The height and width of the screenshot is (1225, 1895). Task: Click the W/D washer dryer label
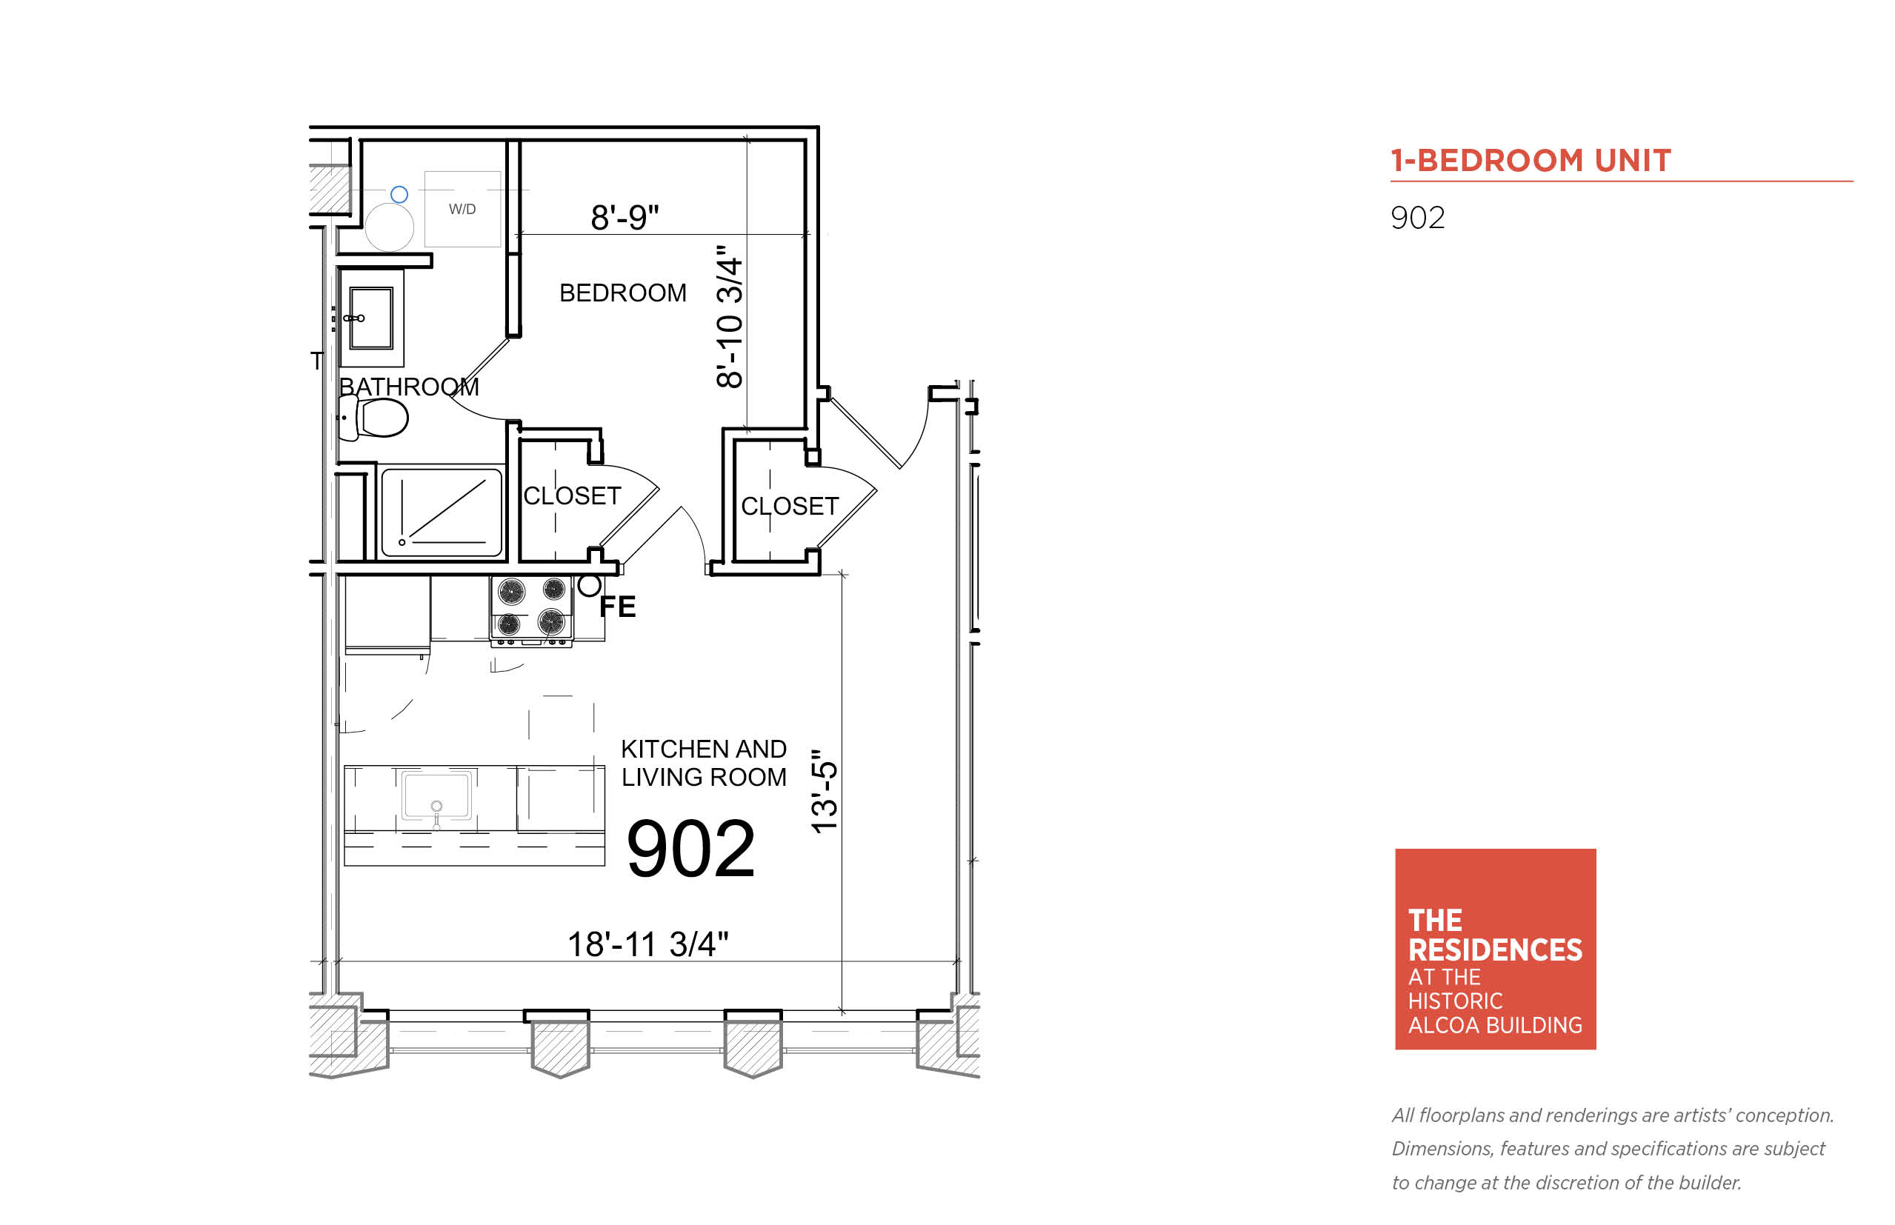462,209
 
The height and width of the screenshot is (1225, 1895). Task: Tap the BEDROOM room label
622,293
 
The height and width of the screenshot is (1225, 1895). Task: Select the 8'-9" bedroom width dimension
625,217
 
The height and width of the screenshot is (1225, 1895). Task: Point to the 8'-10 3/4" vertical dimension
729,316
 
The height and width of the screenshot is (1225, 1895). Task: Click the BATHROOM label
408,387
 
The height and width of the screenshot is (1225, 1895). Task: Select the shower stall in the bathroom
442,513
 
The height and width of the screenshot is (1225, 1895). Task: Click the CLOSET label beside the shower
571,495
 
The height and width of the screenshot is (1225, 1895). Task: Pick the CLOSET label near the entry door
789,506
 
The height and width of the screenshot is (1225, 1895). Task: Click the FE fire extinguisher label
617,607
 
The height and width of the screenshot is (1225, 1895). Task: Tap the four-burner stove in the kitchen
531,610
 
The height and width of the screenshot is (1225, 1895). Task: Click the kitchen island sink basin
436,794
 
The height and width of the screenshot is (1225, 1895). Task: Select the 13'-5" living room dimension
825,791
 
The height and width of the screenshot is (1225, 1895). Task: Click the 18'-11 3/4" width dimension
647,944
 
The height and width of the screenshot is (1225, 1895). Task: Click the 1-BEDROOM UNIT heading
1530,161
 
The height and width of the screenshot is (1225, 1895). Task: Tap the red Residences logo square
1495,949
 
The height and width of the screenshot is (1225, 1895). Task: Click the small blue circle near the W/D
399,194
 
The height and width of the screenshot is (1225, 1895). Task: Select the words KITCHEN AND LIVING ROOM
703,763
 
